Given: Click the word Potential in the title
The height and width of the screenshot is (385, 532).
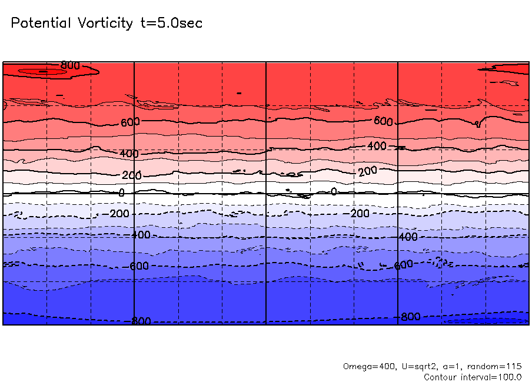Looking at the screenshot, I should click(41, 23).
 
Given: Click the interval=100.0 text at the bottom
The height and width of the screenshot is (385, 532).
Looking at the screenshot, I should click(491, 377).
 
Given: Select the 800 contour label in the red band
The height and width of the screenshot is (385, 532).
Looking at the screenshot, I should click(70, 65).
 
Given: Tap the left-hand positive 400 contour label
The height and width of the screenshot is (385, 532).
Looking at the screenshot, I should click(129, 154).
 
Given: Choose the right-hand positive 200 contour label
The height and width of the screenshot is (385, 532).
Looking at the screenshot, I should click(367, 171).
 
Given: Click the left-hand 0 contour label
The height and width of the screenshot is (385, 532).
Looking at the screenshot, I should click(121, 192).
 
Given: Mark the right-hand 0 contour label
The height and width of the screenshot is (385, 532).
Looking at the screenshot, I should click(334, 191).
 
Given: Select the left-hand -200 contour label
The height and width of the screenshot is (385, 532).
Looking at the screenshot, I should click(119, 213).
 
